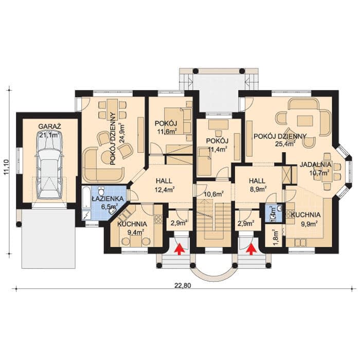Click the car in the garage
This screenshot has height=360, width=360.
[49, 165]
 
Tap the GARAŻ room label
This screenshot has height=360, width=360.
[49, 127]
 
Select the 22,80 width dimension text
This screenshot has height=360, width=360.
[183, 285]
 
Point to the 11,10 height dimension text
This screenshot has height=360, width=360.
[7, 167]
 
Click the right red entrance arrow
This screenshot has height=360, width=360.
[251, 249]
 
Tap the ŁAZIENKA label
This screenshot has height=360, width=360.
[107, 199]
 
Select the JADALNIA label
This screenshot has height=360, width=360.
[315, 165]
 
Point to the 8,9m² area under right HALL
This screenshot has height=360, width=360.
[258, 189]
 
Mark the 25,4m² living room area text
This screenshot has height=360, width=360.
[285, 144]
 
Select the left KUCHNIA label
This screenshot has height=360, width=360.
[132, 224]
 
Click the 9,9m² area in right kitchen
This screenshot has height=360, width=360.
[309, 224]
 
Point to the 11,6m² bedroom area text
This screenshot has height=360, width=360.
[167, 132]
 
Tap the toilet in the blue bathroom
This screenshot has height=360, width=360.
[101, 191]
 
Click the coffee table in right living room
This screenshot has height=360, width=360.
[305, 121]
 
